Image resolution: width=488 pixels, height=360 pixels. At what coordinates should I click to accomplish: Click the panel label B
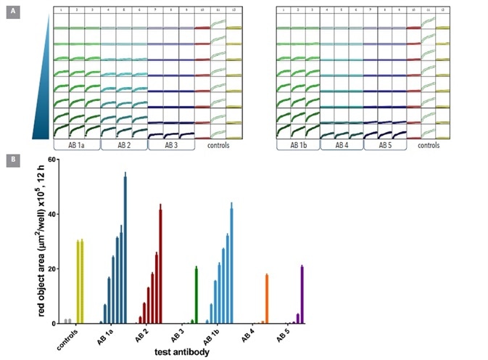(x=12, y=157)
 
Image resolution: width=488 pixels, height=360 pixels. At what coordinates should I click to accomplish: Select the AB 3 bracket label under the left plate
(x=171, y=144)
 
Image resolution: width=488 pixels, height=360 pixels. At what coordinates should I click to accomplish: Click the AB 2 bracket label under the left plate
(x=123, y=144)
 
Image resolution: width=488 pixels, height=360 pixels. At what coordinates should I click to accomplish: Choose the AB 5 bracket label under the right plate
(x=384, y=144)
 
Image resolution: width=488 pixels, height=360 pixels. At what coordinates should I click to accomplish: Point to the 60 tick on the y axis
(x=52, y=159)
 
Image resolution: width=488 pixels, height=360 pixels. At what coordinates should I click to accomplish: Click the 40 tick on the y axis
(x=52, y=214)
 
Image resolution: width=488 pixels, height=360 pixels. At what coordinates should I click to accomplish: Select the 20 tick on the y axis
(x=52, y=269)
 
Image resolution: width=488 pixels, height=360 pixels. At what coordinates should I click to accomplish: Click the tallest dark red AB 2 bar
(x=160, y=265)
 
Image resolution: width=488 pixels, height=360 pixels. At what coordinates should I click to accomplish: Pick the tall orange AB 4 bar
(x=267, y=298)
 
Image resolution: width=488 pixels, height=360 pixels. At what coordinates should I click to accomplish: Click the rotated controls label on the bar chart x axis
(x=67, y=337)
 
